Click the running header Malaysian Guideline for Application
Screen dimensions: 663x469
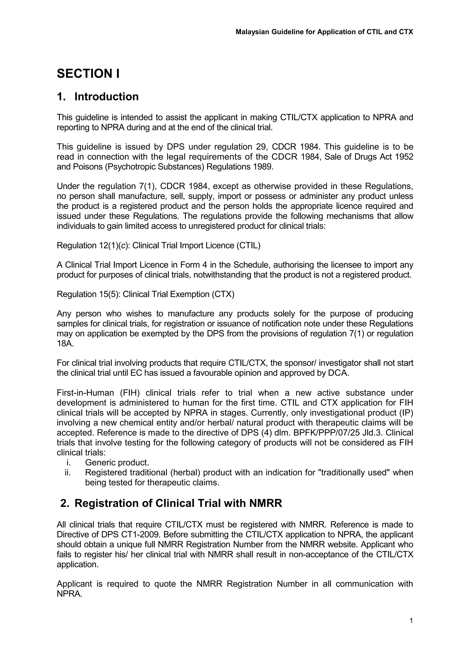pos(324,32)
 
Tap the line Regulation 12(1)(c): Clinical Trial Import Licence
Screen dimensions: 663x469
pos(158,245)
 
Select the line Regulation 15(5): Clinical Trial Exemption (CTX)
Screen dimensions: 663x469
pos(146,294)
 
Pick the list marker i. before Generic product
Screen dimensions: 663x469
pos(68,463)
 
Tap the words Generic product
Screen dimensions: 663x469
pos(117,463)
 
